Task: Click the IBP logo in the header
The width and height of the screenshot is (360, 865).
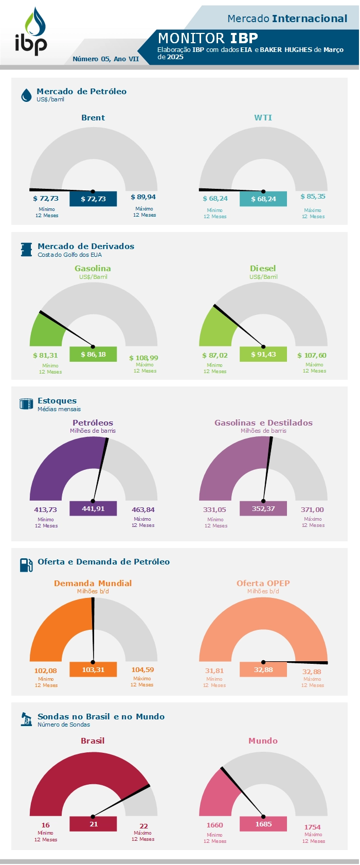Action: [x=31, y=32]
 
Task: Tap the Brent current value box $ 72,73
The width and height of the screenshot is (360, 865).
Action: [x=93, y=199]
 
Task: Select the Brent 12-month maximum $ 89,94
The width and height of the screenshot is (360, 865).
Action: [x=143, y=197]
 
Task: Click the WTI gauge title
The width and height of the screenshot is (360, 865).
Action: [x=263, y=118]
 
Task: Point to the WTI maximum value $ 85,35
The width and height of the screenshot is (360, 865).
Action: [x=313, y=197]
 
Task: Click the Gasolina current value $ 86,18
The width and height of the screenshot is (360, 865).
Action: [x=93, y=354]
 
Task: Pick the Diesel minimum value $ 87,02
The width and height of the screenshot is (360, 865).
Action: [x=215, y=355]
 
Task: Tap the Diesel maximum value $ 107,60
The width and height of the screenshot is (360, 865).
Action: [x=312, y=355]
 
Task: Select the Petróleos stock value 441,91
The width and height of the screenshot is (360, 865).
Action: [x=93, y=508]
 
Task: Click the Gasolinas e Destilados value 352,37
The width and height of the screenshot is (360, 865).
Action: [x=263, y=508]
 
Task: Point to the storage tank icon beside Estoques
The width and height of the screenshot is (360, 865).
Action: [x=26, y=404]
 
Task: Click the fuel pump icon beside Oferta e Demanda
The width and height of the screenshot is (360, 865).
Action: [x=26, y=565]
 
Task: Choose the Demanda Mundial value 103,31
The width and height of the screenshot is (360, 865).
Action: [x=93, y=669]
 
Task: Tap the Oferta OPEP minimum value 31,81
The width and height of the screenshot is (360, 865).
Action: [x=214, y=671]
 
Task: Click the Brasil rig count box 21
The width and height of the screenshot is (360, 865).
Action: [x=93, y=824]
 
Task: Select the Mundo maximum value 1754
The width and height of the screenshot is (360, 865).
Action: [x=312, y=827]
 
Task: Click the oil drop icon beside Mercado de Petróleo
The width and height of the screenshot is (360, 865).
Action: [x=26, y=95]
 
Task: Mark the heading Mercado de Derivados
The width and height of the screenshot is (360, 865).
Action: [x=86, y=246]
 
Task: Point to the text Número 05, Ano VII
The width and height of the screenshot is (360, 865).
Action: [x=105, y=59]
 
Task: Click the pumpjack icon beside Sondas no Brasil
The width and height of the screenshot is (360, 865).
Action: [x=26, y=719]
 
